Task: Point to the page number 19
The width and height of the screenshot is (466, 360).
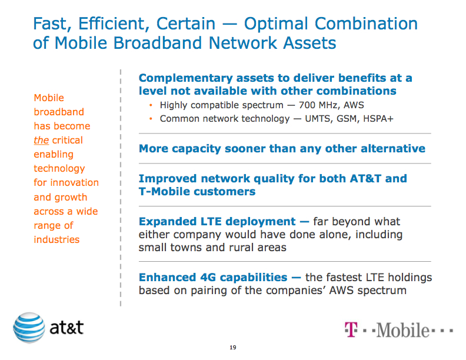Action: [x=233, y=348]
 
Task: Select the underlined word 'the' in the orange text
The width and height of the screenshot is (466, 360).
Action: [x=41, y=140]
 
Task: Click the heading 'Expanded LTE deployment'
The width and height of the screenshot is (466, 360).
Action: [x=217, y=222]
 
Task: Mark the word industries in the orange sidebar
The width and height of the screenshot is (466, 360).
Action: [x=56, y=239]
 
